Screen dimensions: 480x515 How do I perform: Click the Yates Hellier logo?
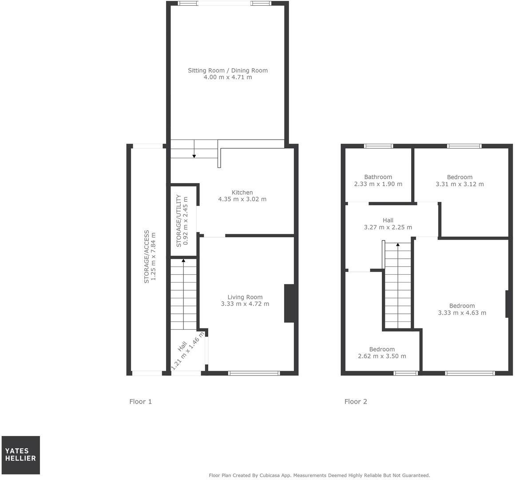(20, 455)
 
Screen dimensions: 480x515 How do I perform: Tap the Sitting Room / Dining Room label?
(228, 70)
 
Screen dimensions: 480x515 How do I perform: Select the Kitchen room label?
(242, 192)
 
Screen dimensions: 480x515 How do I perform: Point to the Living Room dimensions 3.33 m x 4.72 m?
(245, 304)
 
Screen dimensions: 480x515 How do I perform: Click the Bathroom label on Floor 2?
(378, 177)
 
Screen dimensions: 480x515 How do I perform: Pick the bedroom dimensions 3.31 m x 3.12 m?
(460, 184)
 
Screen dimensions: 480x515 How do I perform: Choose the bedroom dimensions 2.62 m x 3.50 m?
(382, 356)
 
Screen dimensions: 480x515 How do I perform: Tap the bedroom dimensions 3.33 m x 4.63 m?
(462, 312)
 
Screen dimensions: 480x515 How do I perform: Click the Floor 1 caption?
(141, 402)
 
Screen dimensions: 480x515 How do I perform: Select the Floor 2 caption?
(356, 402)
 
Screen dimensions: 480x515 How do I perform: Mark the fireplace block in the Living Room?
(289, 303)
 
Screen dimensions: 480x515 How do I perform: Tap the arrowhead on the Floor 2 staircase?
(398, 244)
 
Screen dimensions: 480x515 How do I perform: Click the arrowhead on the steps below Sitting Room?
(194, 156)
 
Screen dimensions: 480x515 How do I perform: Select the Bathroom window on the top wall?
(378, 146)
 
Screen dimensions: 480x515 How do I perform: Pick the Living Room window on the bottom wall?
(254, 373)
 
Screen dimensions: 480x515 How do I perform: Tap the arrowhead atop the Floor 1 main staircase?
(183, 261)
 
